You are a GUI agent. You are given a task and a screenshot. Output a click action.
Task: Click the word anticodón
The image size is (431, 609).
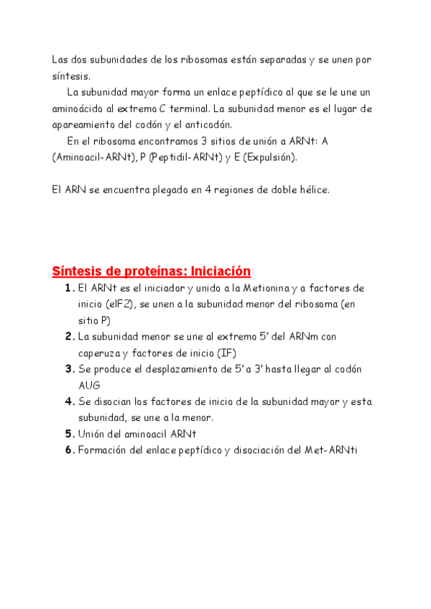[x=208, y=124]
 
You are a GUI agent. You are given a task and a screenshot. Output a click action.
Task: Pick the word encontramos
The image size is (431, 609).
[x=157, y=141]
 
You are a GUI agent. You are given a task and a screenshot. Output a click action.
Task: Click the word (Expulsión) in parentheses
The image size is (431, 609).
[x=269, y=157]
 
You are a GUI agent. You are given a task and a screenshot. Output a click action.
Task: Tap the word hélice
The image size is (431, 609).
[x=313, y=190]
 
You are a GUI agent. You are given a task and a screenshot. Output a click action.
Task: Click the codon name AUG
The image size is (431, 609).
[x=89, y=386]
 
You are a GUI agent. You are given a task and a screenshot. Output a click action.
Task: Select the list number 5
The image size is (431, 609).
[x=68, y=434]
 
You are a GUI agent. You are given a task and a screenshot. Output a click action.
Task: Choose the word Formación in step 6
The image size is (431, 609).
[x=102, y=450]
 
